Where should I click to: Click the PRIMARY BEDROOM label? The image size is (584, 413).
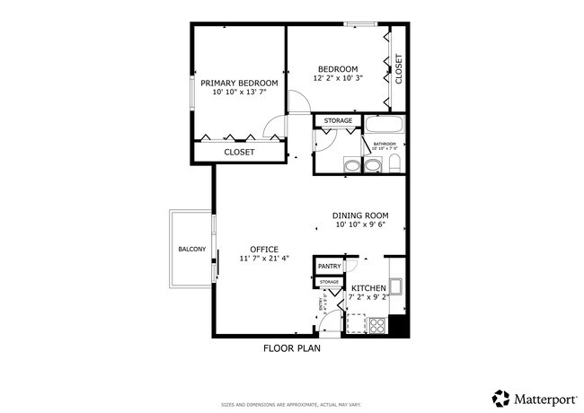(238, 83)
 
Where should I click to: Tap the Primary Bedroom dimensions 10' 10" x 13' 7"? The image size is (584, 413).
(238, 92)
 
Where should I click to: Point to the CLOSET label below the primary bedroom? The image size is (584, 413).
(239, 153)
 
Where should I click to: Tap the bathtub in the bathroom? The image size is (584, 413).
(384, 126)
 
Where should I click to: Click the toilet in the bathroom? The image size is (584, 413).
(394, 163)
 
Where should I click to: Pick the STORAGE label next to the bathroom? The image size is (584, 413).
(338, 120)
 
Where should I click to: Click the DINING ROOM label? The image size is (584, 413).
(359, 215)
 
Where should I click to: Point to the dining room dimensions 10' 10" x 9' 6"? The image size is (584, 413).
(359, 225)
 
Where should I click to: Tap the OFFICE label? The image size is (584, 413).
(264, 249)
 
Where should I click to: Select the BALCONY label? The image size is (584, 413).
(191, 249)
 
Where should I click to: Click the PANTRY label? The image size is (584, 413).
(329, 266)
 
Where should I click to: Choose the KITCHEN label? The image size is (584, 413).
(368, 288)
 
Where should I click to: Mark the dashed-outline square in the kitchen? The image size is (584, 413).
(356, 321)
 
